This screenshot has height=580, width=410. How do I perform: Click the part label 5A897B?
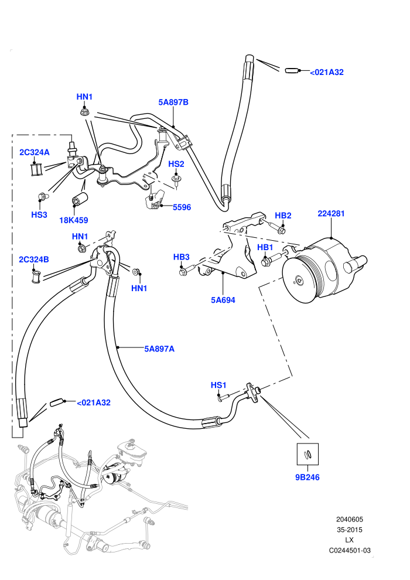tap(173, 102)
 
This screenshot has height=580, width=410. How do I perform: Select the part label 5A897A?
tap(159, 349)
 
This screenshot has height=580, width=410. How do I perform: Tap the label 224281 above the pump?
tap(331, 213)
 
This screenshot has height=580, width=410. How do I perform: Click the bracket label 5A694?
tap(223, 300)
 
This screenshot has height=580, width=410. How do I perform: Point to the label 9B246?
tap(307, 477)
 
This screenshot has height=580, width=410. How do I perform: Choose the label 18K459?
tap(74, 220)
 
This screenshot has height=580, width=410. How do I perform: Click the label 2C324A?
tap(35, 152)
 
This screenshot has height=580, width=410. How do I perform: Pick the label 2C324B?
tap(34, 260)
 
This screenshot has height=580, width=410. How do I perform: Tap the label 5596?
tap(182, 207)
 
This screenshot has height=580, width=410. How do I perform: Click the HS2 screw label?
tap(176, 164)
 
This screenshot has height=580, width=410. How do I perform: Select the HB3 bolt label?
tap(182, 257)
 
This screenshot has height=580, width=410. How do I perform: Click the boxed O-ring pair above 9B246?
tap(307, 454)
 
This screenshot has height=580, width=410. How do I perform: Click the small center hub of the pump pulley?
tap(299, 281)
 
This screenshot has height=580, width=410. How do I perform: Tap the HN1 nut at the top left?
tap(84, 112)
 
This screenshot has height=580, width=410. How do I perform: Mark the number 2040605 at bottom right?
tap(349, 519)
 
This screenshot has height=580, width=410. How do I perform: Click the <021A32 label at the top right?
tap(327, 73)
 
